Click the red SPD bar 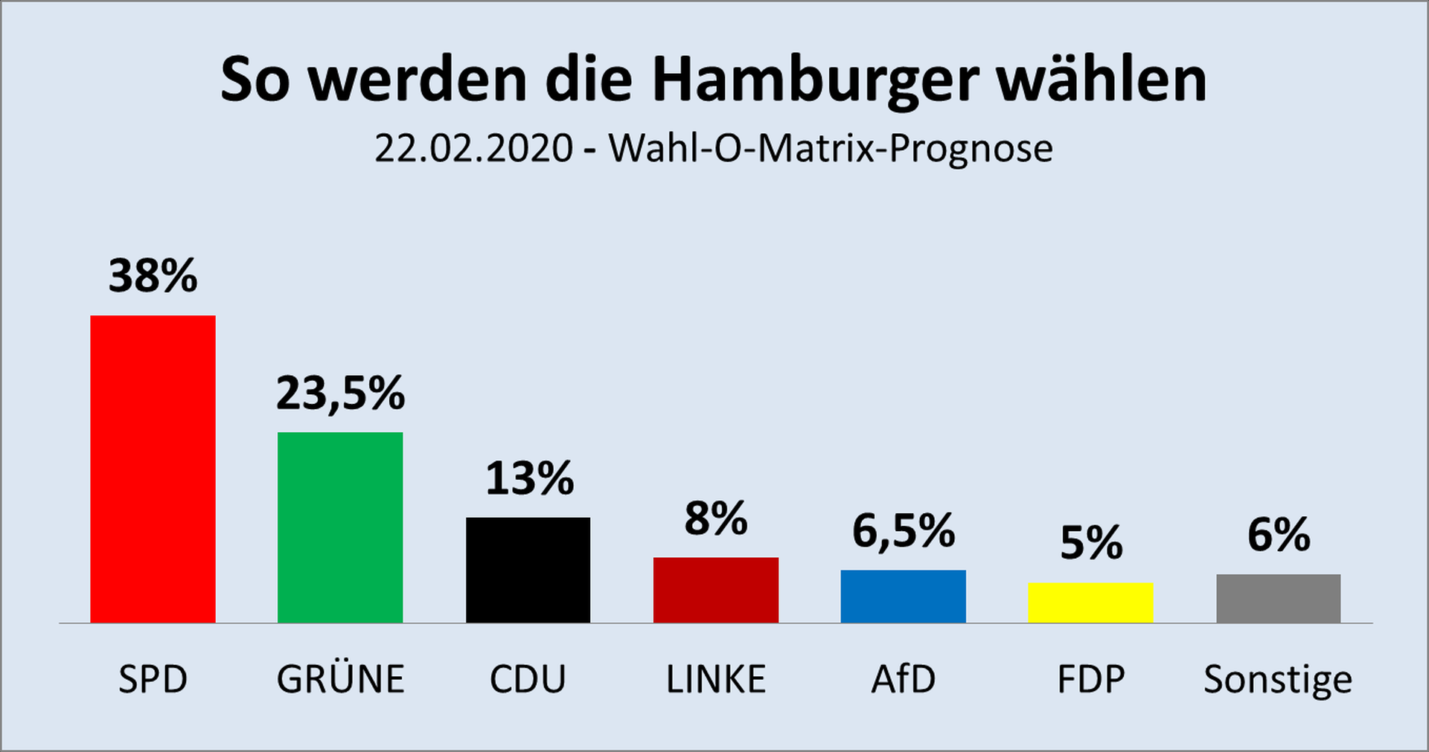coord(153,469)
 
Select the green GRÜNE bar coord(340,527)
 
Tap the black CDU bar coord(528,570)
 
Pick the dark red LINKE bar coord(716,590)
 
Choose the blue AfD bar coord(903,597)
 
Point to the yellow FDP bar coord(1090,602)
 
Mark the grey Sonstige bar coord(1278,599)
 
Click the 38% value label coord(153,276)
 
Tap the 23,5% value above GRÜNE coord(340,393)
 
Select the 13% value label coord(529,478)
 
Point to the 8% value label coord(716,518)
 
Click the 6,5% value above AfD coord(903,531)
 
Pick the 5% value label coord(1091,543)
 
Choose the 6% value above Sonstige coord(1279,535)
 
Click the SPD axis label coord(153,679)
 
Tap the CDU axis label coord(528,679)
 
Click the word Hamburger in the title coord(815,80)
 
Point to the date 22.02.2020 coord(473,148)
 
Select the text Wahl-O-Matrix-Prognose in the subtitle coord(831,148)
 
